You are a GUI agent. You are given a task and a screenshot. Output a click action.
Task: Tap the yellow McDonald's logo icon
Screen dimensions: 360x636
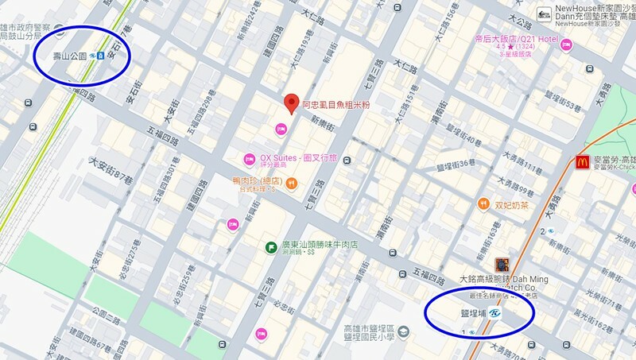584,163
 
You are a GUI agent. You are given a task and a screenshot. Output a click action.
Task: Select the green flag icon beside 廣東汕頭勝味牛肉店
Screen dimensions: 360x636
271,247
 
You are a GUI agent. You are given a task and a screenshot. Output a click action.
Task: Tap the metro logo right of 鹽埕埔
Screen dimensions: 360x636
496,314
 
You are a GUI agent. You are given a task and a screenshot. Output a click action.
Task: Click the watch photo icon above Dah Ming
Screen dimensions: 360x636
501,264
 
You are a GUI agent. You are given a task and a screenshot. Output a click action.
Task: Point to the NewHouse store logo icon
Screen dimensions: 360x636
545,13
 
